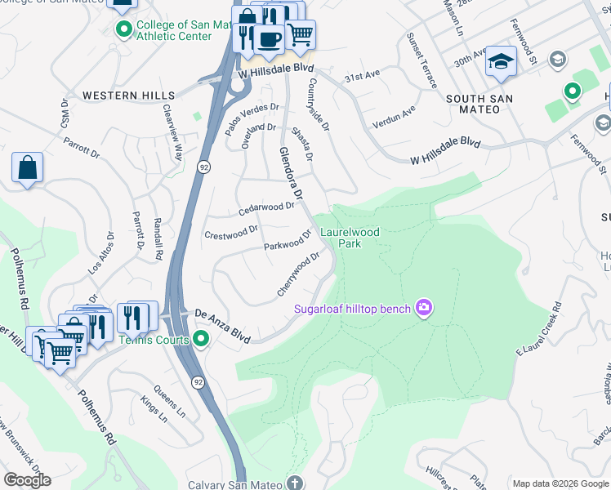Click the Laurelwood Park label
(350, 238)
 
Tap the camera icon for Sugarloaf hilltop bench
(424, 308)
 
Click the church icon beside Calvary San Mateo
(294, 483)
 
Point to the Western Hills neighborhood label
(118, 96)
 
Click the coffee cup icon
(268, 38)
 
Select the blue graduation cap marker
(501, 62)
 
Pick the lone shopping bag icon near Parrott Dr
(27, 167)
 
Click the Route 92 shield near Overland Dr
(201, 168)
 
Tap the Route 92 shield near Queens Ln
(198, 381)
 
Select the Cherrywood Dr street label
(296, 274)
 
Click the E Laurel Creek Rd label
(540, 329)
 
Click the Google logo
(27, 480)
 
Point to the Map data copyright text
(560, 483)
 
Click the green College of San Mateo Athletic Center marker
(124, 30)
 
